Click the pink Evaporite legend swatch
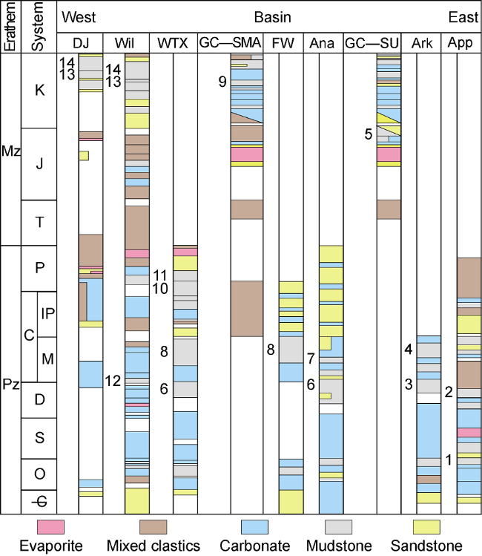point(50,527)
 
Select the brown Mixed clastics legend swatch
point(153,527)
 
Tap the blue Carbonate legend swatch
point(254,527)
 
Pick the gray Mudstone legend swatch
point(339,527)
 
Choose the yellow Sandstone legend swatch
point(426,527)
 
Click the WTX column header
point(173,43)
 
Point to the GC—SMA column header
point(230,42)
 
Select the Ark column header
point(421,43)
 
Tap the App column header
point(460,43)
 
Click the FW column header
point(283,43)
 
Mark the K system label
point(39,91)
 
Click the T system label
point(39,223)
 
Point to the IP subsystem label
point(47,313)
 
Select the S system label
point(39,437)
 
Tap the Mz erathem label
point(10,151)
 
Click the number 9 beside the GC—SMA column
point(222,82)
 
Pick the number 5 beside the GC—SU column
point(369,134)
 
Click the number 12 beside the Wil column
point(113,381)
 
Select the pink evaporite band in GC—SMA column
point(247,154)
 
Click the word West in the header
point(79,17)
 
